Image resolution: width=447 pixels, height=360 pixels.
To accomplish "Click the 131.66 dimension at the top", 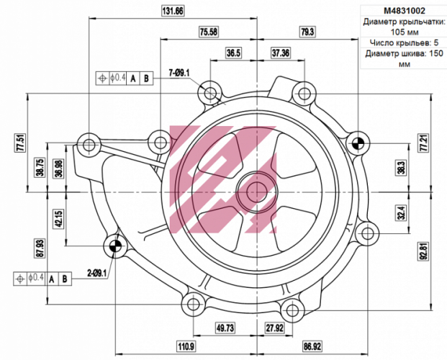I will tap(173, 11).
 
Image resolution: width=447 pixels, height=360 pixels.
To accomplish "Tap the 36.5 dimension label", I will tap(233, 53).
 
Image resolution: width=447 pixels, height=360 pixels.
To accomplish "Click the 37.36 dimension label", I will tap(281, 53).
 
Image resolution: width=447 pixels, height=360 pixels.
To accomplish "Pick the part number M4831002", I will tap(403, 11).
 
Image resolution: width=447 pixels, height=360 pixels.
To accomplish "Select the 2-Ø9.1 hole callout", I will tap(96, 273).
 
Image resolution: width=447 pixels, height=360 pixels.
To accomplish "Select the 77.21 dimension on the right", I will tap(424, 143).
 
